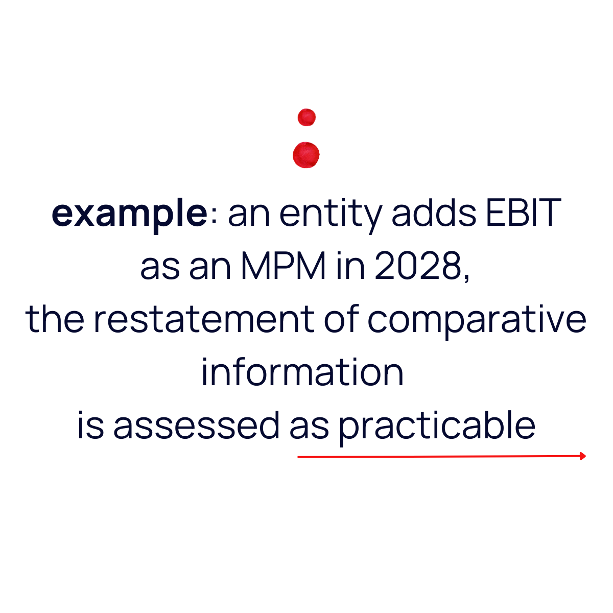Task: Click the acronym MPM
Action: [284, 267]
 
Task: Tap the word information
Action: [302, 373]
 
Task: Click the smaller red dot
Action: [306, 117]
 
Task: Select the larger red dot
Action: [306, 155]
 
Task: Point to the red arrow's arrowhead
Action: [583, 456]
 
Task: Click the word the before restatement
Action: [55, 320]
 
